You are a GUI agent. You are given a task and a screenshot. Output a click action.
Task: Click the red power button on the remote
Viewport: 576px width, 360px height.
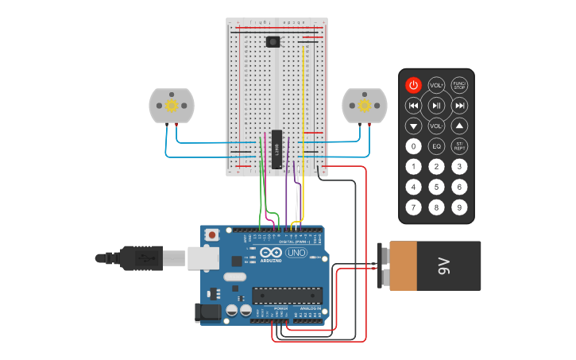click(413, 84)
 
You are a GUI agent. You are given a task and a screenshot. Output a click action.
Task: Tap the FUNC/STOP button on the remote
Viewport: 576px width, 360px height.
click(459, 84)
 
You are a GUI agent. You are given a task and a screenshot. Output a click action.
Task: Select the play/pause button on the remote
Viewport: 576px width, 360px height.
click(436, 105)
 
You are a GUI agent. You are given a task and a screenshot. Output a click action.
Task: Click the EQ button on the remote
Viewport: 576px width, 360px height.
click(436, 146)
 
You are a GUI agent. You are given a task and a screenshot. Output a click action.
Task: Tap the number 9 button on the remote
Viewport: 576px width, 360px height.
click(459, 207)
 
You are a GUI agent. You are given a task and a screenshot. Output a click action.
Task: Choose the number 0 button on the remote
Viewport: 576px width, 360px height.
click(413, 146)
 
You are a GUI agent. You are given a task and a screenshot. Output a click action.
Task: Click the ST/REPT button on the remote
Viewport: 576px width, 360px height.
click(459, 146)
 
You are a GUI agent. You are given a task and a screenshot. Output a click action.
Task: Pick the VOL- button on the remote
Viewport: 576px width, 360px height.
click(436, 126)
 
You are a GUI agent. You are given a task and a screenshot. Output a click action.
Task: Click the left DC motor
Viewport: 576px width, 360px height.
click(171, 106)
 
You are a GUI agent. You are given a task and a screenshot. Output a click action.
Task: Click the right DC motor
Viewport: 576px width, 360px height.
click(365, 106)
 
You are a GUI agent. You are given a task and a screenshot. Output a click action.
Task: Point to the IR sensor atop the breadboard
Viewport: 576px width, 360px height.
click(273, 41)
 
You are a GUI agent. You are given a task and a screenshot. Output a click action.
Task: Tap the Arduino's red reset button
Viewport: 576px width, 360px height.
click(211, 234)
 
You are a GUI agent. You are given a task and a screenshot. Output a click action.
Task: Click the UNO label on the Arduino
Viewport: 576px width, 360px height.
click(296, 253)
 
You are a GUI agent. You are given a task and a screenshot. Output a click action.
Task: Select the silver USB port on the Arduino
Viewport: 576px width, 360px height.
click(203, 257)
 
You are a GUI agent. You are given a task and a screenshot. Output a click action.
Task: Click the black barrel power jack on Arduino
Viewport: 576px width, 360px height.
click(208, 313)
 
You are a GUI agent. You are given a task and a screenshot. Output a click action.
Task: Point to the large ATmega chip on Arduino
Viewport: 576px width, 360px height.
click(287, 296)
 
